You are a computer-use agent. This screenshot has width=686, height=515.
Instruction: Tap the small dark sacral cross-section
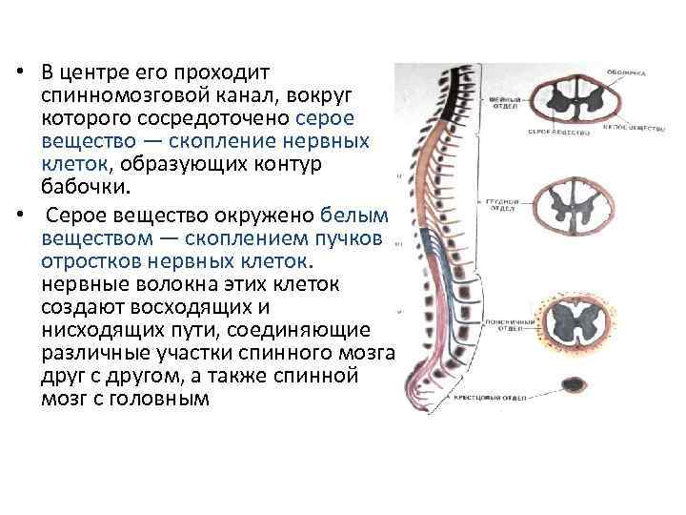575,384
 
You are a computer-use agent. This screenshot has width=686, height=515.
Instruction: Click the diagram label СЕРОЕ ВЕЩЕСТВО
548,132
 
